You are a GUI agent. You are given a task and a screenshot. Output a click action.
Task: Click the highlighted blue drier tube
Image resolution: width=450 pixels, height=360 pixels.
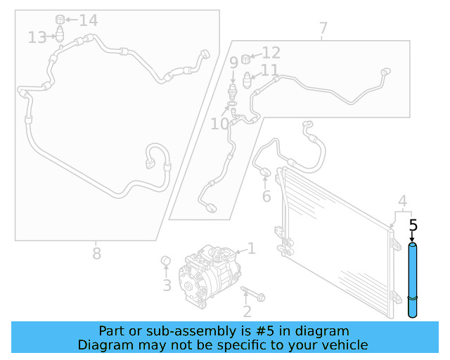coord(413,280)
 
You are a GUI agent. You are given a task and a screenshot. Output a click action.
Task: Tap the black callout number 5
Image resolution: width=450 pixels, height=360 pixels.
coord(413,226)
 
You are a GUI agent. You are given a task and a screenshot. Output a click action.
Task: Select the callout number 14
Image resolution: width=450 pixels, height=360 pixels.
coord(89,20)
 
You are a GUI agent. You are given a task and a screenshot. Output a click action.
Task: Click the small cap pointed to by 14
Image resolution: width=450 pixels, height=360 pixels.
coord(60,20)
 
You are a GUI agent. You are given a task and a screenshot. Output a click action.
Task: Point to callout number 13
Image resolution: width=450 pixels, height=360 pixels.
coord(37,37)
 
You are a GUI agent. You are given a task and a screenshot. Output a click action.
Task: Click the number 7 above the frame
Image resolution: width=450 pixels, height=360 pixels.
coord(323,28)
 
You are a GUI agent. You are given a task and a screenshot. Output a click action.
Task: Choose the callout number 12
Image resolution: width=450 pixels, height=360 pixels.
coord(271,53)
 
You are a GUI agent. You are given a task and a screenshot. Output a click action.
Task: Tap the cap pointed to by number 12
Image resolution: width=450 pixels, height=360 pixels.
coord(245,59)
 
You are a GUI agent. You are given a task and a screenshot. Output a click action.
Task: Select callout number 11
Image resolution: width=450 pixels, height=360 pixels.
coord(269,70)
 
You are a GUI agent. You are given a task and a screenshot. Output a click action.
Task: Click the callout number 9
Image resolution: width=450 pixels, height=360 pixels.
coord(234,63)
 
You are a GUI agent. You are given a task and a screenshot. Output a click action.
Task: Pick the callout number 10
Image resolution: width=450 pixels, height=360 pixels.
coord(220,124)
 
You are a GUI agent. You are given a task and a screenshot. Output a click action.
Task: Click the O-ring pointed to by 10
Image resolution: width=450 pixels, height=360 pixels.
coord(232,103)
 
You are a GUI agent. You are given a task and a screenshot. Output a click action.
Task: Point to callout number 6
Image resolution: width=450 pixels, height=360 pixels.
coord(266,196)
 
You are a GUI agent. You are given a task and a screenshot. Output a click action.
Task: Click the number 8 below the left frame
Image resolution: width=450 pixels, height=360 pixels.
coord(97,254)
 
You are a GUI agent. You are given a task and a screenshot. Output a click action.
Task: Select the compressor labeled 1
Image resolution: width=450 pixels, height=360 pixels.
coord(209,276)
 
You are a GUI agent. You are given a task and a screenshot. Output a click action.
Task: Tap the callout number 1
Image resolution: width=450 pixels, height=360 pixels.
coord(252,249)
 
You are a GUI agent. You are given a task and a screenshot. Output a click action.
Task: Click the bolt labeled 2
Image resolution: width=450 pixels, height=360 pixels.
coord(253,294)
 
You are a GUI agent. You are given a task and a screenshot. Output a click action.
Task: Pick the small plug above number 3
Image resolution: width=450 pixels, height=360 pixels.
coord(166,261)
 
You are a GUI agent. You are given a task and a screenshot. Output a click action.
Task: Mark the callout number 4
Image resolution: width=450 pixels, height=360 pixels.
coord(403,201)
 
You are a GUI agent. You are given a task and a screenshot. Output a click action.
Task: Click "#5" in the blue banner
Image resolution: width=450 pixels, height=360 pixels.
coord(265,331)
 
